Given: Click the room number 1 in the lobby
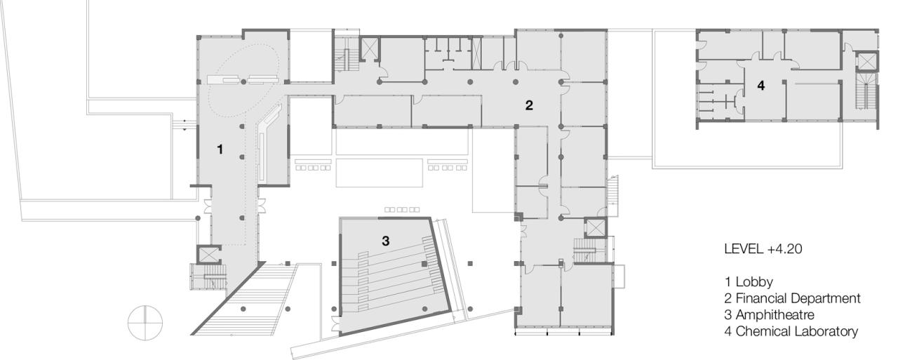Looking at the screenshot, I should pos(220,149).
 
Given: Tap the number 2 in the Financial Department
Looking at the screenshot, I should pos(529,105).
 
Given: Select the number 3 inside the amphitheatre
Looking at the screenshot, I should pos(385,240).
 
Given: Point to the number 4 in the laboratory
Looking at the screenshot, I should pos(760,86).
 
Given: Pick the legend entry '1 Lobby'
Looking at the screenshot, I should pos(749,283).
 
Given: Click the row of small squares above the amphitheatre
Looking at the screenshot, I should pos(402,209).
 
